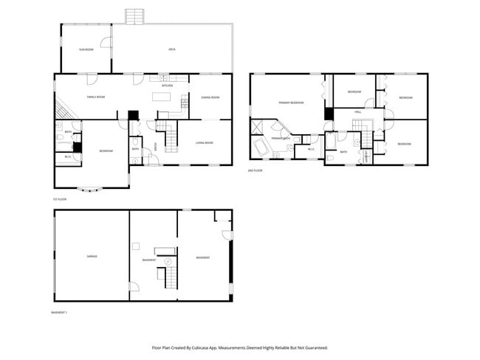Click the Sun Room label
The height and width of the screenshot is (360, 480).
click(86, 49)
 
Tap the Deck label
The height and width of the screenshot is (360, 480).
click(171, 49)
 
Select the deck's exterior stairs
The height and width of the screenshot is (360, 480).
click(133, 16)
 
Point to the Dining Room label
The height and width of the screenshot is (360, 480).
click(210, 97)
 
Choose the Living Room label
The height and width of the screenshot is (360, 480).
click(205, 142)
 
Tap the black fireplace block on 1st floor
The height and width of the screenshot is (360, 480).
click(133, 115)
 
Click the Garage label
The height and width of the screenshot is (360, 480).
click(92, 256)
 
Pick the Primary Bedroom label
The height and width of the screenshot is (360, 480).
click(291, 103)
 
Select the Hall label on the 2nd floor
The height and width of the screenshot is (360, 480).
click(357, 111)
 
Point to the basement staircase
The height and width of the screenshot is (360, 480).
click(169, 277)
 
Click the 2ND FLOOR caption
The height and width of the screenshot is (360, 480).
click(256, 170)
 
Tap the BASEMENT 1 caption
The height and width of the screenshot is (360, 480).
click(59, 312)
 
